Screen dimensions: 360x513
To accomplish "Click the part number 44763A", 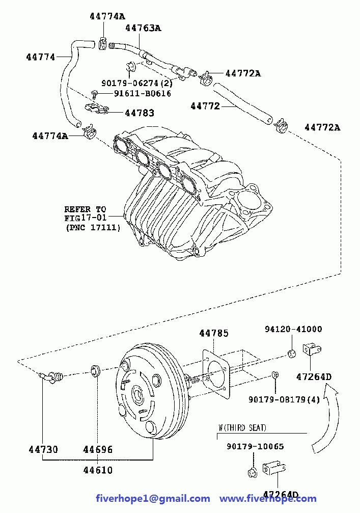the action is (x=143, y=28).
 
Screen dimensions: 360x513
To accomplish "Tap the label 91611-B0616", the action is (x=142, y=94).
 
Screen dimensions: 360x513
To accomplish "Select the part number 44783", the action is (x=140, y=113).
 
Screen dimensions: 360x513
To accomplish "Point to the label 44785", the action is (x=214, y=333).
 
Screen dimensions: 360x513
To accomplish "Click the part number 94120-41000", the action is (x=293, y=329).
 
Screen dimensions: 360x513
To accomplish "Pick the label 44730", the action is (x=43, y=449).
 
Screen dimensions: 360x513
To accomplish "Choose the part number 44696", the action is (x=97, y=449).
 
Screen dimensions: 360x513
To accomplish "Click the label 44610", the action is (x=97, y=470).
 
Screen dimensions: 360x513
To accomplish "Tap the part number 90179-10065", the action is (x=255, y=446).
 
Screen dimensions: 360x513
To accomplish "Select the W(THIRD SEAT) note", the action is (x=242, y=427).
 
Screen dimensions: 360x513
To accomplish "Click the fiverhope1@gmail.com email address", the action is (x=153, y=499).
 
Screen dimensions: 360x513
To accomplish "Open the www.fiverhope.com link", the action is (x=268, y=499).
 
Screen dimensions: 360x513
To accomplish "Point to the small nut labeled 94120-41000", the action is (x=292, y=353).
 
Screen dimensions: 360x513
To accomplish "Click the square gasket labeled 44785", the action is (x=215, y=374).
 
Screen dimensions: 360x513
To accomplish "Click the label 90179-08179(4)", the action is (x=284, y=399).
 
